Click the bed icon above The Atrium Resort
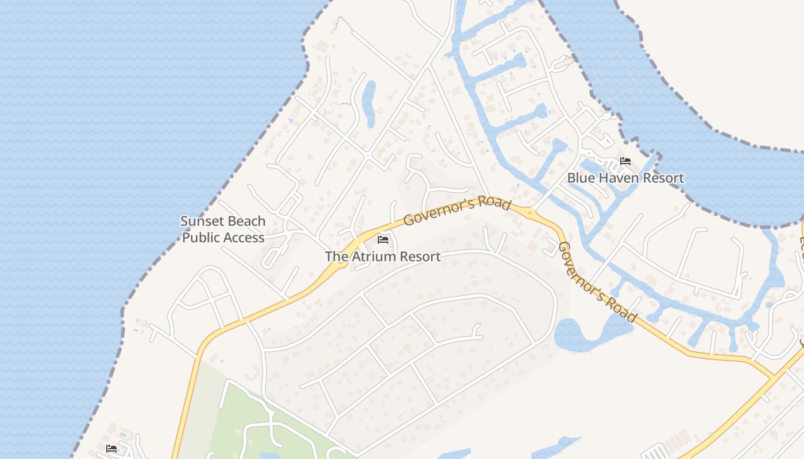383,239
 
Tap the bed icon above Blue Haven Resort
625,161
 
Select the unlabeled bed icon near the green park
111,448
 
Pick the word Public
202,238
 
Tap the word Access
245,238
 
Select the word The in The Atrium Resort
337,256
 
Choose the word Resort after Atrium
420,256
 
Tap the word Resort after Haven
663,178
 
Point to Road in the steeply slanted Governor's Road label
623,308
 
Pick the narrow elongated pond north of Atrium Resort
369,103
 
